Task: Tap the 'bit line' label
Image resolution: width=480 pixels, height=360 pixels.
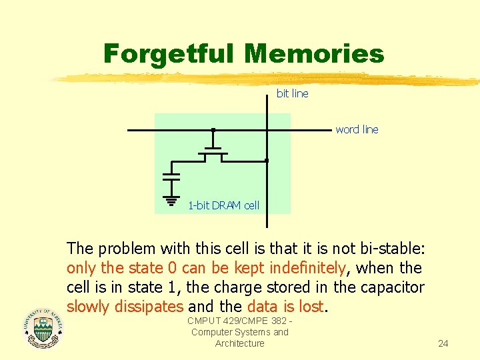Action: pyautogui.click(x=293, y=94)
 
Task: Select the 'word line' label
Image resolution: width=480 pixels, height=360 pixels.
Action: pyautogui.click(x=357, y=130)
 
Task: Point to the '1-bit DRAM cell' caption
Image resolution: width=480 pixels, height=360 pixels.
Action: pyautogui.click(x=223, y=205)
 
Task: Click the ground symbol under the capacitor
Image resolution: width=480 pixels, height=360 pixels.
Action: pyautogui.click(x=171, y=199)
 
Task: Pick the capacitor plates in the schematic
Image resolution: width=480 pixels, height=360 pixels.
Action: pyautogui.click(x=171, y=177)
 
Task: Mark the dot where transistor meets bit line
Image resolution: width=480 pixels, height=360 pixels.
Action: pyautogui.click(x=266, y=161)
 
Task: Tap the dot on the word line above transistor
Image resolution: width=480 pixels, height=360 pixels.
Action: pyautogui.click(x=213, y=129)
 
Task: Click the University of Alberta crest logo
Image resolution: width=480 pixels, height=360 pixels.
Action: pyautogui.click(x=43, y=328)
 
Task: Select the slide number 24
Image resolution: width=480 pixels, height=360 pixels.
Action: pyautogui.click(x=443, y=344)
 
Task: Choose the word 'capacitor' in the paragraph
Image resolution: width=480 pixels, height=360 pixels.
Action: pyautogui.click(x=393, y=287)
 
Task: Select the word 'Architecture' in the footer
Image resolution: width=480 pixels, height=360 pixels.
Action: pyautogui.click(x=239, y=343)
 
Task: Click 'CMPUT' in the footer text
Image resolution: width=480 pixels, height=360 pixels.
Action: pyautogui.click(x=203, y=321)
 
